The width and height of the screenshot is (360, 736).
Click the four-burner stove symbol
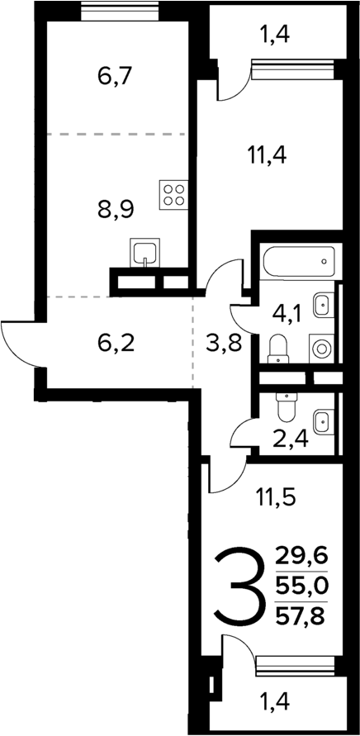(174, 196)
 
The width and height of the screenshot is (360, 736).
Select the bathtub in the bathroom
(298, 263)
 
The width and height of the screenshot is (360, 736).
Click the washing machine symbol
(320, 347)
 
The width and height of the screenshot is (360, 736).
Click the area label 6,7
(116, 78)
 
